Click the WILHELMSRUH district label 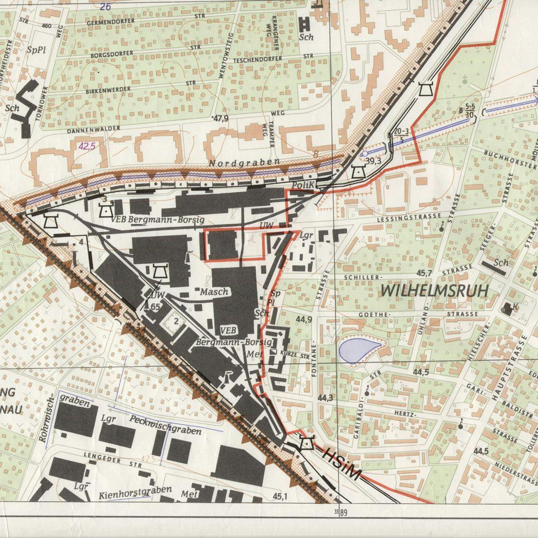pos(434,291)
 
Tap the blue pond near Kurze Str pos(359,350)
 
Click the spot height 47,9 pos(221,119)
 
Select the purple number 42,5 pos(87,146)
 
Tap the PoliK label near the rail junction pos(301,185)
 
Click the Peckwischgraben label pos(165,425)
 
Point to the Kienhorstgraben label pos(134,492)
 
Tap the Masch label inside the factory pos(213,292)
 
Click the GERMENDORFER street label pos(111,21)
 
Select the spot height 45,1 pos(280,496)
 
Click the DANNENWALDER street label pos(93,128)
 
